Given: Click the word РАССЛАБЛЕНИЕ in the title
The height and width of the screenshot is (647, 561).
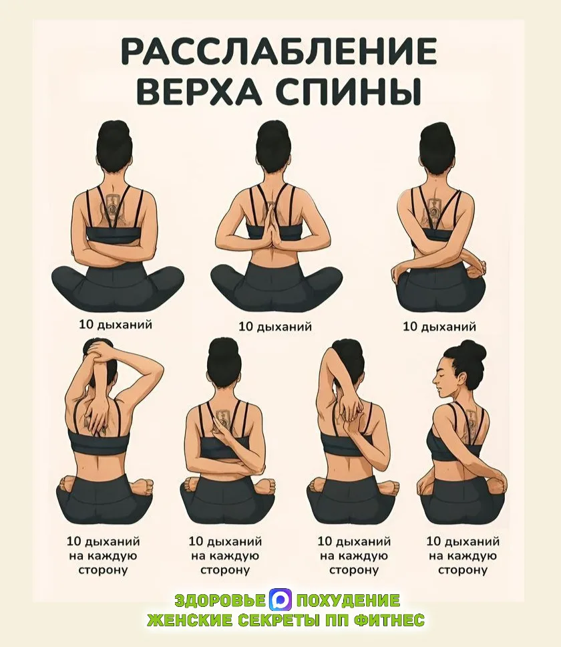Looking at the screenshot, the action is click(x=279, y=51).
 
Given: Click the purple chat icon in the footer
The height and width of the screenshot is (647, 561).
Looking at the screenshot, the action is click(x=280, y=600).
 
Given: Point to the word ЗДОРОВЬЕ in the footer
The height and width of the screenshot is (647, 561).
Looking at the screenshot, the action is click(x=220, y=600).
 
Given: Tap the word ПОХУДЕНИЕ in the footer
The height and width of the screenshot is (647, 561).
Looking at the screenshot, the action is click(x=347, y=600).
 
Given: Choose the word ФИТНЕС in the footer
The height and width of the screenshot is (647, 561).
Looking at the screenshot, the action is click(x=390, y=620).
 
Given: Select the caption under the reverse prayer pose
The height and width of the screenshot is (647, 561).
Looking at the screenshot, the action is click(x=275, y=327).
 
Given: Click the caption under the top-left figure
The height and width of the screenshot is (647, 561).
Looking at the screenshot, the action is click(x=116, y=325).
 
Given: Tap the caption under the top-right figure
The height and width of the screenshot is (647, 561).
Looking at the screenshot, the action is click(x=439, y=327).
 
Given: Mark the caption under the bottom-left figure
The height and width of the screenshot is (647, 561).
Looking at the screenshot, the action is click(x=103, y=555).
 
